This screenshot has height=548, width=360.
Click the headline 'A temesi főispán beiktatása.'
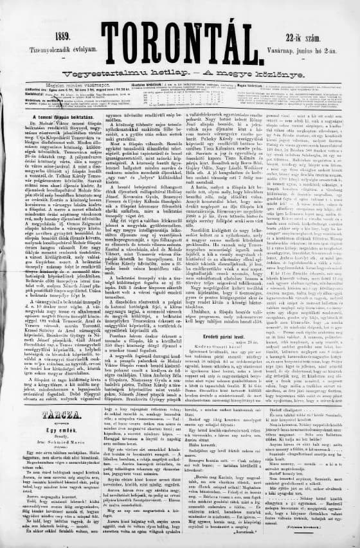pos(59,118)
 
